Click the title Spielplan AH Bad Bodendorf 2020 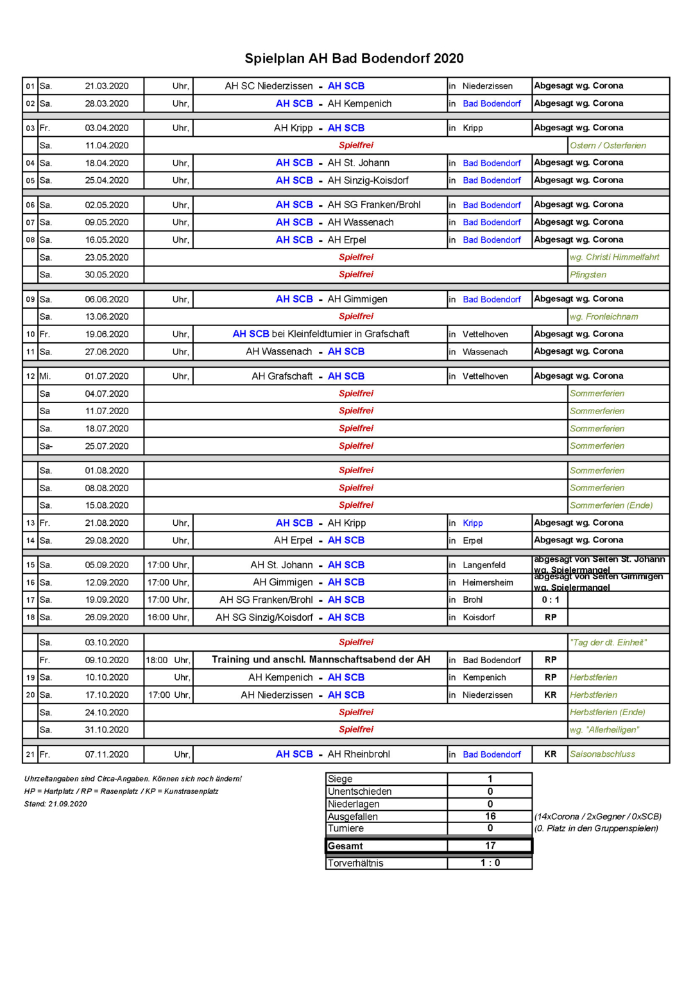pos(354,58)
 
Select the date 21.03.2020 pos(107,86)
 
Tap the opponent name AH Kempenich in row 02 pos(359,103)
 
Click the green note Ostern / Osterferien pos(608,146)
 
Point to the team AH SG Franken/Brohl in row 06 pos(374,205)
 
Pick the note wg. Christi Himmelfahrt pos(614,257)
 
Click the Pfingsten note pos(588,275)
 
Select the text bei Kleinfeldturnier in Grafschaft pos(340,334)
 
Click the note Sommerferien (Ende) pos(611,505)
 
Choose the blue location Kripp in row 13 pos(472,523)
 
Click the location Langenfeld pos(484,565)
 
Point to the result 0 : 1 pos(550,600)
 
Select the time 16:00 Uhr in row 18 pos(168,618)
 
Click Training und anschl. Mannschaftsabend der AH pos(321,659)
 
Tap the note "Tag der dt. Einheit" pos(608,643)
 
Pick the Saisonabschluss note pos(602,754)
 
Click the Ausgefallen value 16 pos(490,816)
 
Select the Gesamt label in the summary pos(345,846)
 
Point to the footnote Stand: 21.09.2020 pos(56,804)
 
